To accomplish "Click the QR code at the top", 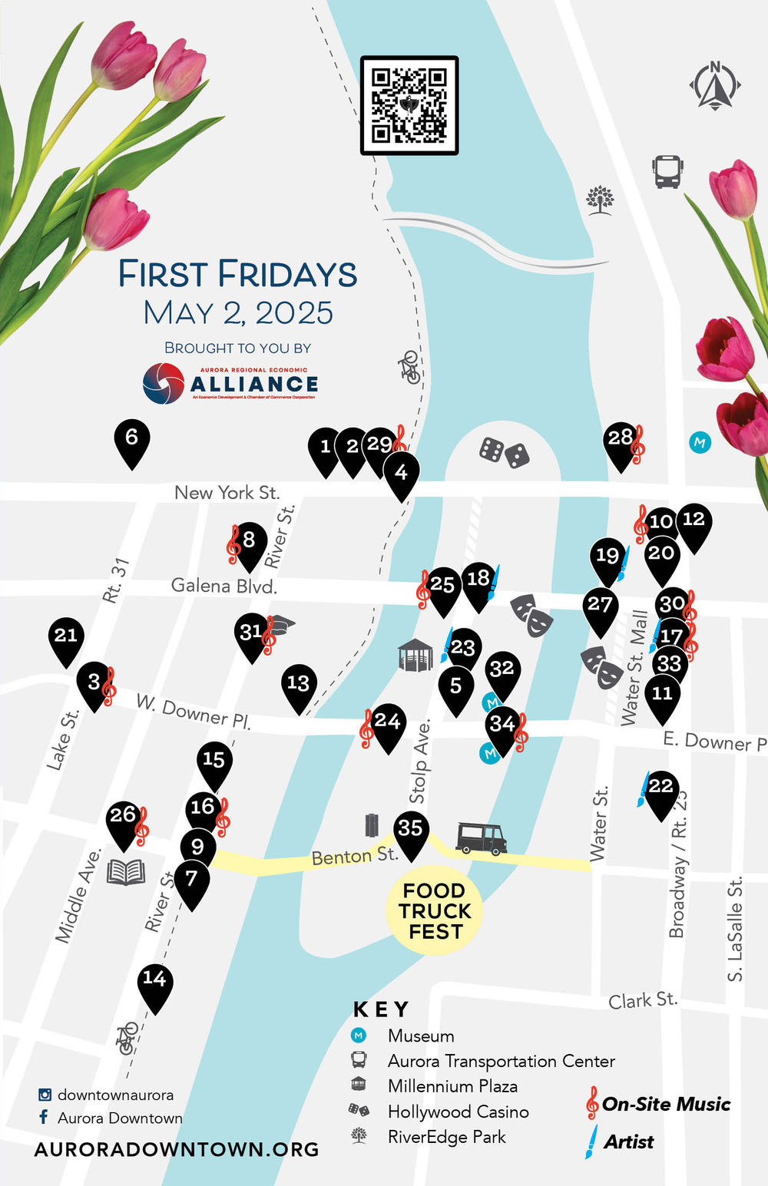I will (x=409, y=106).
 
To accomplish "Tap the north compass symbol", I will (x=715, y=85).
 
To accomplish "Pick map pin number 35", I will (x=410, y=831).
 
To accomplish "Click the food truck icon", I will (x=481, y=837).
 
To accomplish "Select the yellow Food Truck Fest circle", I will (x=435, y=912).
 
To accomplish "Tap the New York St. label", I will (x=227, y=493).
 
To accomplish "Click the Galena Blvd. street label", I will (x=223, y=586).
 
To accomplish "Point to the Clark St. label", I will (x=643, y=1000).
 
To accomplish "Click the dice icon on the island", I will (x=504, y=453).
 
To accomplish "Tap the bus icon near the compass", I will (x=667, y=171).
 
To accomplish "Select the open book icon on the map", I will (x=126, y=872).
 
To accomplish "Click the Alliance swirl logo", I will (x=164, y=383).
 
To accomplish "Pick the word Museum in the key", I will (x=421, y=1036).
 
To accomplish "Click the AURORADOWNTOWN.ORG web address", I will (x=177, y=1149).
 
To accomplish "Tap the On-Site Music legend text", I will (x=666, y=1105).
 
